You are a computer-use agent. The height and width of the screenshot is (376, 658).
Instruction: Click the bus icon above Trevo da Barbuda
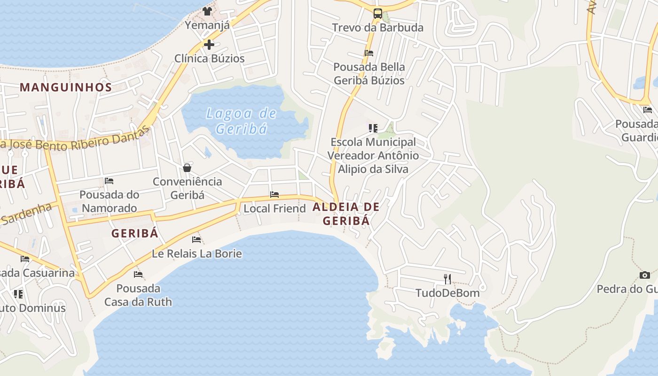(x=377, y=13)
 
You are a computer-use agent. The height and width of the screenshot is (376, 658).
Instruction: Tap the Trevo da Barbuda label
(x=377, y=27)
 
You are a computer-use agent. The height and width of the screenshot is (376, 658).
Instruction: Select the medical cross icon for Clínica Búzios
(x=209, y=45)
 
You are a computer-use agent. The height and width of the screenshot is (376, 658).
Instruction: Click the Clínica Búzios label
(x=210, y=59)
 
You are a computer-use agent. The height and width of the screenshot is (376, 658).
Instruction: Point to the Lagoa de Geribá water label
(x=242, y=121)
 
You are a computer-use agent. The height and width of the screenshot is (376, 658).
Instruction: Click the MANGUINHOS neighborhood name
(x=66, y=87)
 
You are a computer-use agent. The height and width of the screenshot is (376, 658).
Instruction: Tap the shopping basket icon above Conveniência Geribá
(x=187, y=168)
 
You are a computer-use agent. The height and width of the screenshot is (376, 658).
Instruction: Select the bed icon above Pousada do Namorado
(x=109, y=181)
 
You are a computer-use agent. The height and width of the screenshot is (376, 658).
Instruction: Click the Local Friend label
(x=274, y=208)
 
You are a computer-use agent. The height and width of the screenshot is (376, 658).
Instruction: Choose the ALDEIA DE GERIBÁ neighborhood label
(x=346, y=213)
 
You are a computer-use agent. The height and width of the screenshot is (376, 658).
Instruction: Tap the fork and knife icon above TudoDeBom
(x=447, y=279)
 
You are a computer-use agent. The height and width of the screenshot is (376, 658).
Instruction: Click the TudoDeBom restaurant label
(x=447, y=293)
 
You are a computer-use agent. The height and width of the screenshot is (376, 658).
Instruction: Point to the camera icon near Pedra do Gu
(x=645, y=275)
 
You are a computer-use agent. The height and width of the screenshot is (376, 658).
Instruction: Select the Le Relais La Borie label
(x=196, y=254)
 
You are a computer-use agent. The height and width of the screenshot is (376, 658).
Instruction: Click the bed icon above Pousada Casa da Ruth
(x=138, y=274)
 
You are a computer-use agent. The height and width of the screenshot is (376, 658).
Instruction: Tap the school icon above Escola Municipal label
(x=373, y=128)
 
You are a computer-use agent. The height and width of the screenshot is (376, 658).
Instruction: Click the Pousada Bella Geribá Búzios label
(x=369, y=74)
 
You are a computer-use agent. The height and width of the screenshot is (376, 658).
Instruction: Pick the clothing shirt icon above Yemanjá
(x=207, y=11)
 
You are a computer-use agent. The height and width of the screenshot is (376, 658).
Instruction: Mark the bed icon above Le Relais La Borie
(x=196, y=240)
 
